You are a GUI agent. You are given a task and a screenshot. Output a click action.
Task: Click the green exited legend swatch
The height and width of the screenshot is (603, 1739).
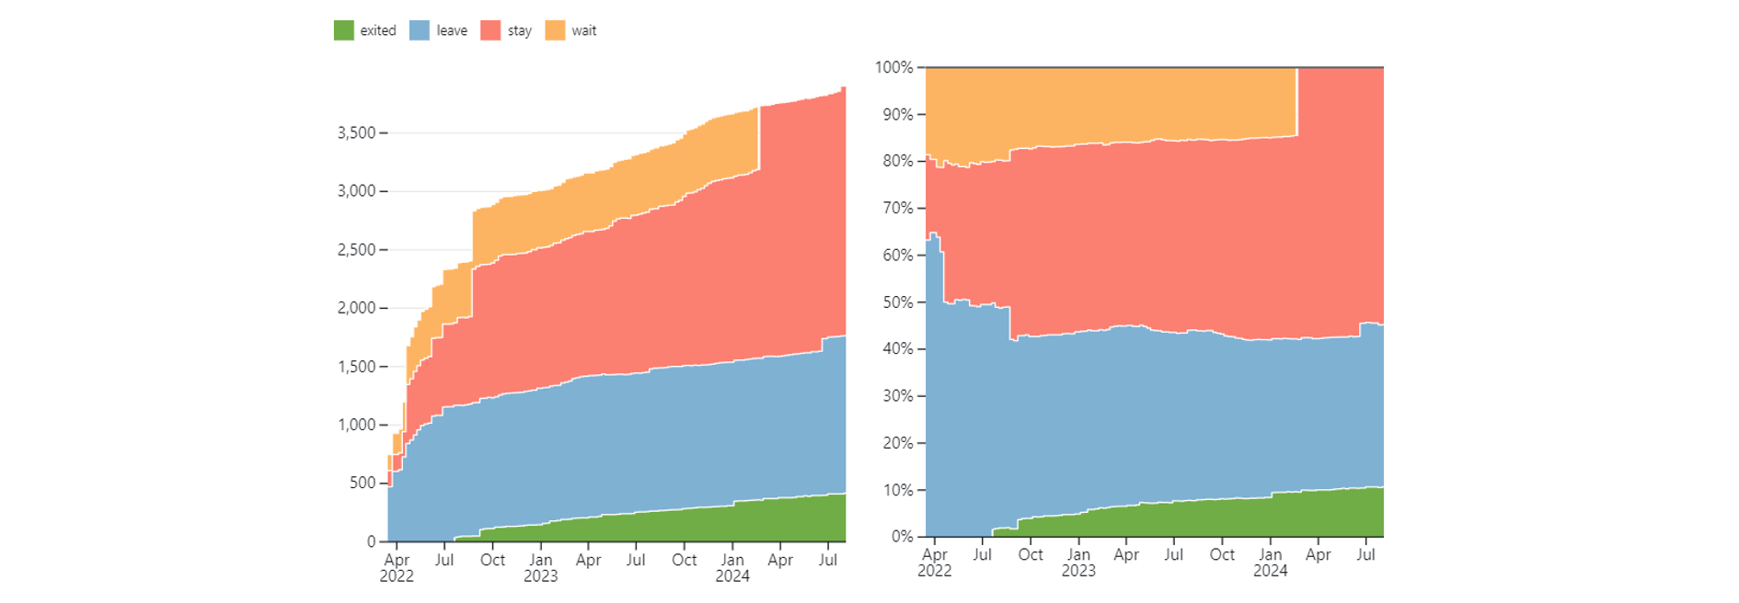(x=343, y=30)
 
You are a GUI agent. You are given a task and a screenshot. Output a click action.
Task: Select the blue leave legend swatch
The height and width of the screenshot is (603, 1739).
(x=419, y=30)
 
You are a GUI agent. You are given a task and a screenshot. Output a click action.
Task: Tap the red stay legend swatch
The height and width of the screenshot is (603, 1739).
(x=490, y=30)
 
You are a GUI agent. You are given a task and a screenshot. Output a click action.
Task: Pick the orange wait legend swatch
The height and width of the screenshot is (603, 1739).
(x=555, y=30)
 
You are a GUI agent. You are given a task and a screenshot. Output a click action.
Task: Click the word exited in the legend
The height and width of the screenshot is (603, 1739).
(x=378, y=30)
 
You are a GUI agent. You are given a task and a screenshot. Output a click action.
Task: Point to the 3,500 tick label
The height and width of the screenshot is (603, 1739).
(x=357, y=133)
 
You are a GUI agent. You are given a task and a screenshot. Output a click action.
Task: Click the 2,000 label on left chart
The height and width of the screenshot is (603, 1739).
(x=357, y=308)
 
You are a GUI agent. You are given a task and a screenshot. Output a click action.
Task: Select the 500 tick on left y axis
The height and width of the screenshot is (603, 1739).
(x=363, y=483)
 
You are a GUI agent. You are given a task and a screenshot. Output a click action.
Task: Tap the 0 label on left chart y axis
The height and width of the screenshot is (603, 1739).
(x=372, y=541)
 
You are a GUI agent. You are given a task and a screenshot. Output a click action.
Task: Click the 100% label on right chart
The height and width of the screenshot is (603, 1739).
(x=894, y=67)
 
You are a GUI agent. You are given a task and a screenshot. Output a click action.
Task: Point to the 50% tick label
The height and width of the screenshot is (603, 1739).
(x=898, y=302)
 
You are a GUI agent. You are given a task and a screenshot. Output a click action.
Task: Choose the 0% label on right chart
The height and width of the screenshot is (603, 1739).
(x=903, y=537)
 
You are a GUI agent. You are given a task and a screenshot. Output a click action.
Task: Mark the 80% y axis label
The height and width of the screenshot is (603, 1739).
(x=898, y=161)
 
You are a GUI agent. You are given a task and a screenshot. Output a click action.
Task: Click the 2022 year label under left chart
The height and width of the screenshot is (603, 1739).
(x=397, y=576)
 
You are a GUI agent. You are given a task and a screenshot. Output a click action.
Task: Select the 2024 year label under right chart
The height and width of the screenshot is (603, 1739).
(x=1271, y=571)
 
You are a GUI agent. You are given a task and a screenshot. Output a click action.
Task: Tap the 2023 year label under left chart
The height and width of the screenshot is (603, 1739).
(x=541, y=576)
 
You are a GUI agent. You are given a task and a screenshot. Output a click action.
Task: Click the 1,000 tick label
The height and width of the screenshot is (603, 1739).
(x=357, y=425)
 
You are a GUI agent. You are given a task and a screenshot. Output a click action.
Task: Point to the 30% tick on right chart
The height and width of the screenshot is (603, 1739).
(x=898, y=396)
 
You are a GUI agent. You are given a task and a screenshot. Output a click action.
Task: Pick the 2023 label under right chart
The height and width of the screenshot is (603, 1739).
(x=1078, y=571)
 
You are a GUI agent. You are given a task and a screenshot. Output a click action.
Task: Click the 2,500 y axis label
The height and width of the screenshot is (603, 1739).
(x=357, y=250)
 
